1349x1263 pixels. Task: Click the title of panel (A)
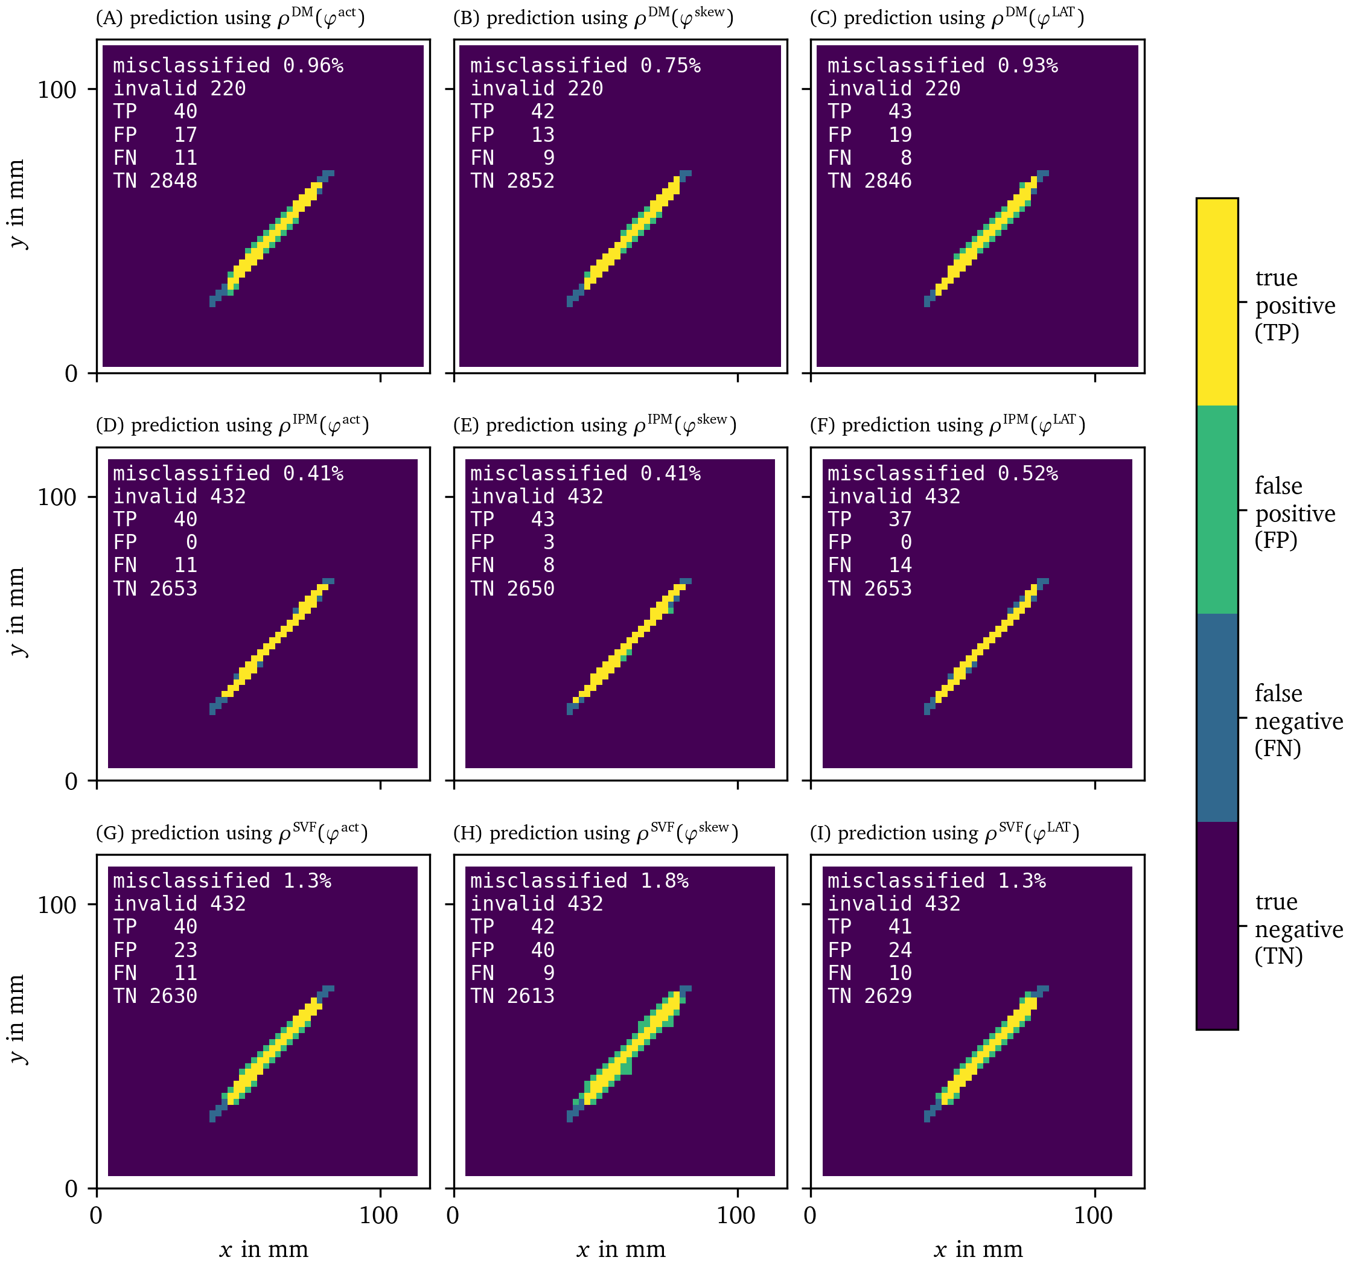(230, 17)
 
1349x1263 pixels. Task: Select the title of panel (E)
(595, 425)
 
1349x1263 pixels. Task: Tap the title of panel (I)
(944, 833)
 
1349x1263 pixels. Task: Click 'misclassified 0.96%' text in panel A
(228, 66)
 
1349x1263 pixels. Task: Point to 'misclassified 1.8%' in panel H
(579, 881)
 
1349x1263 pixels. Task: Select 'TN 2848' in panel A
(155, 181)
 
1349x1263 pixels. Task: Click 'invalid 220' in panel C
(894, 89)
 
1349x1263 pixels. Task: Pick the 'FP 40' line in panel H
(512, 950)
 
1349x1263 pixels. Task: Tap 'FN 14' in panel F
(869, 565)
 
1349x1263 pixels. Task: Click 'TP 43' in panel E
(512, 520)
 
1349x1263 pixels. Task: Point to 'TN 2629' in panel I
(869, 996)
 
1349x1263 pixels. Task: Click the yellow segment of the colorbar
(1217, 302)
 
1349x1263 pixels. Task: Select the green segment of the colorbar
(1217, 510)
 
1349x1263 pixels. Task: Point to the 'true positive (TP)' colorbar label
(1294, 305)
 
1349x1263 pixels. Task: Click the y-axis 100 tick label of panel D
(57, 497)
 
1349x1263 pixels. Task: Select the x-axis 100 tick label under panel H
(736, 1215)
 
